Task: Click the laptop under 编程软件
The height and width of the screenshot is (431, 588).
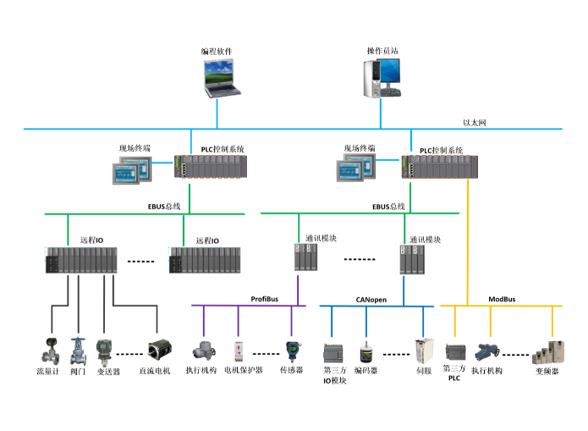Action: coord(218,77)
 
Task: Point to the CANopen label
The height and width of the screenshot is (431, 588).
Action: coord(371,299)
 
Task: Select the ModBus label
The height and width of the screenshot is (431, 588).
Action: coord(505,299)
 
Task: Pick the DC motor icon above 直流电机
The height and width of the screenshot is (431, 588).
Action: coord(158,350)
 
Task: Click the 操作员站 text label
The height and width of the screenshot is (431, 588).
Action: coord(382,51)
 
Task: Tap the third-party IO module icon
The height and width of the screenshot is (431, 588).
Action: coord(335,352)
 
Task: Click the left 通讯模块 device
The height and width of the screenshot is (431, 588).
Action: coord(305,257)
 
